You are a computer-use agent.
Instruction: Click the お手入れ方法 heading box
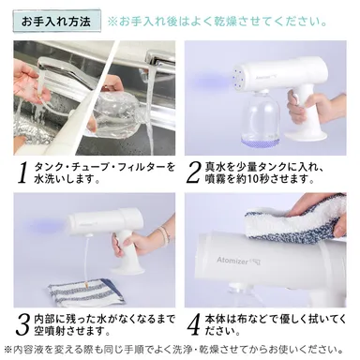tap(56, 22)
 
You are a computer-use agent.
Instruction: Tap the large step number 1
tap(22, 173)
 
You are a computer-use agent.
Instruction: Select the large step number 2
tap(193, 173)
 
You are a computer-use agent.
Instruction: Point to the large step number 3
tap(23, 325)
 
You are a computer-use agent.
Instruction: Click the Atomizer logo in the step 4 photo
tap(238, 260)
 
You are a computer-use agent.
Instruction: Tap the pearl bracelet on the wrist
tap(163, 235)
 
